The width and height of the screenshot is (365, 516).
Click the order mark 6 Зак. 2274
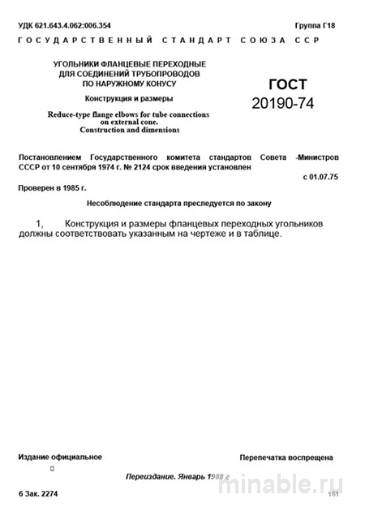tap(39, 493)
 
